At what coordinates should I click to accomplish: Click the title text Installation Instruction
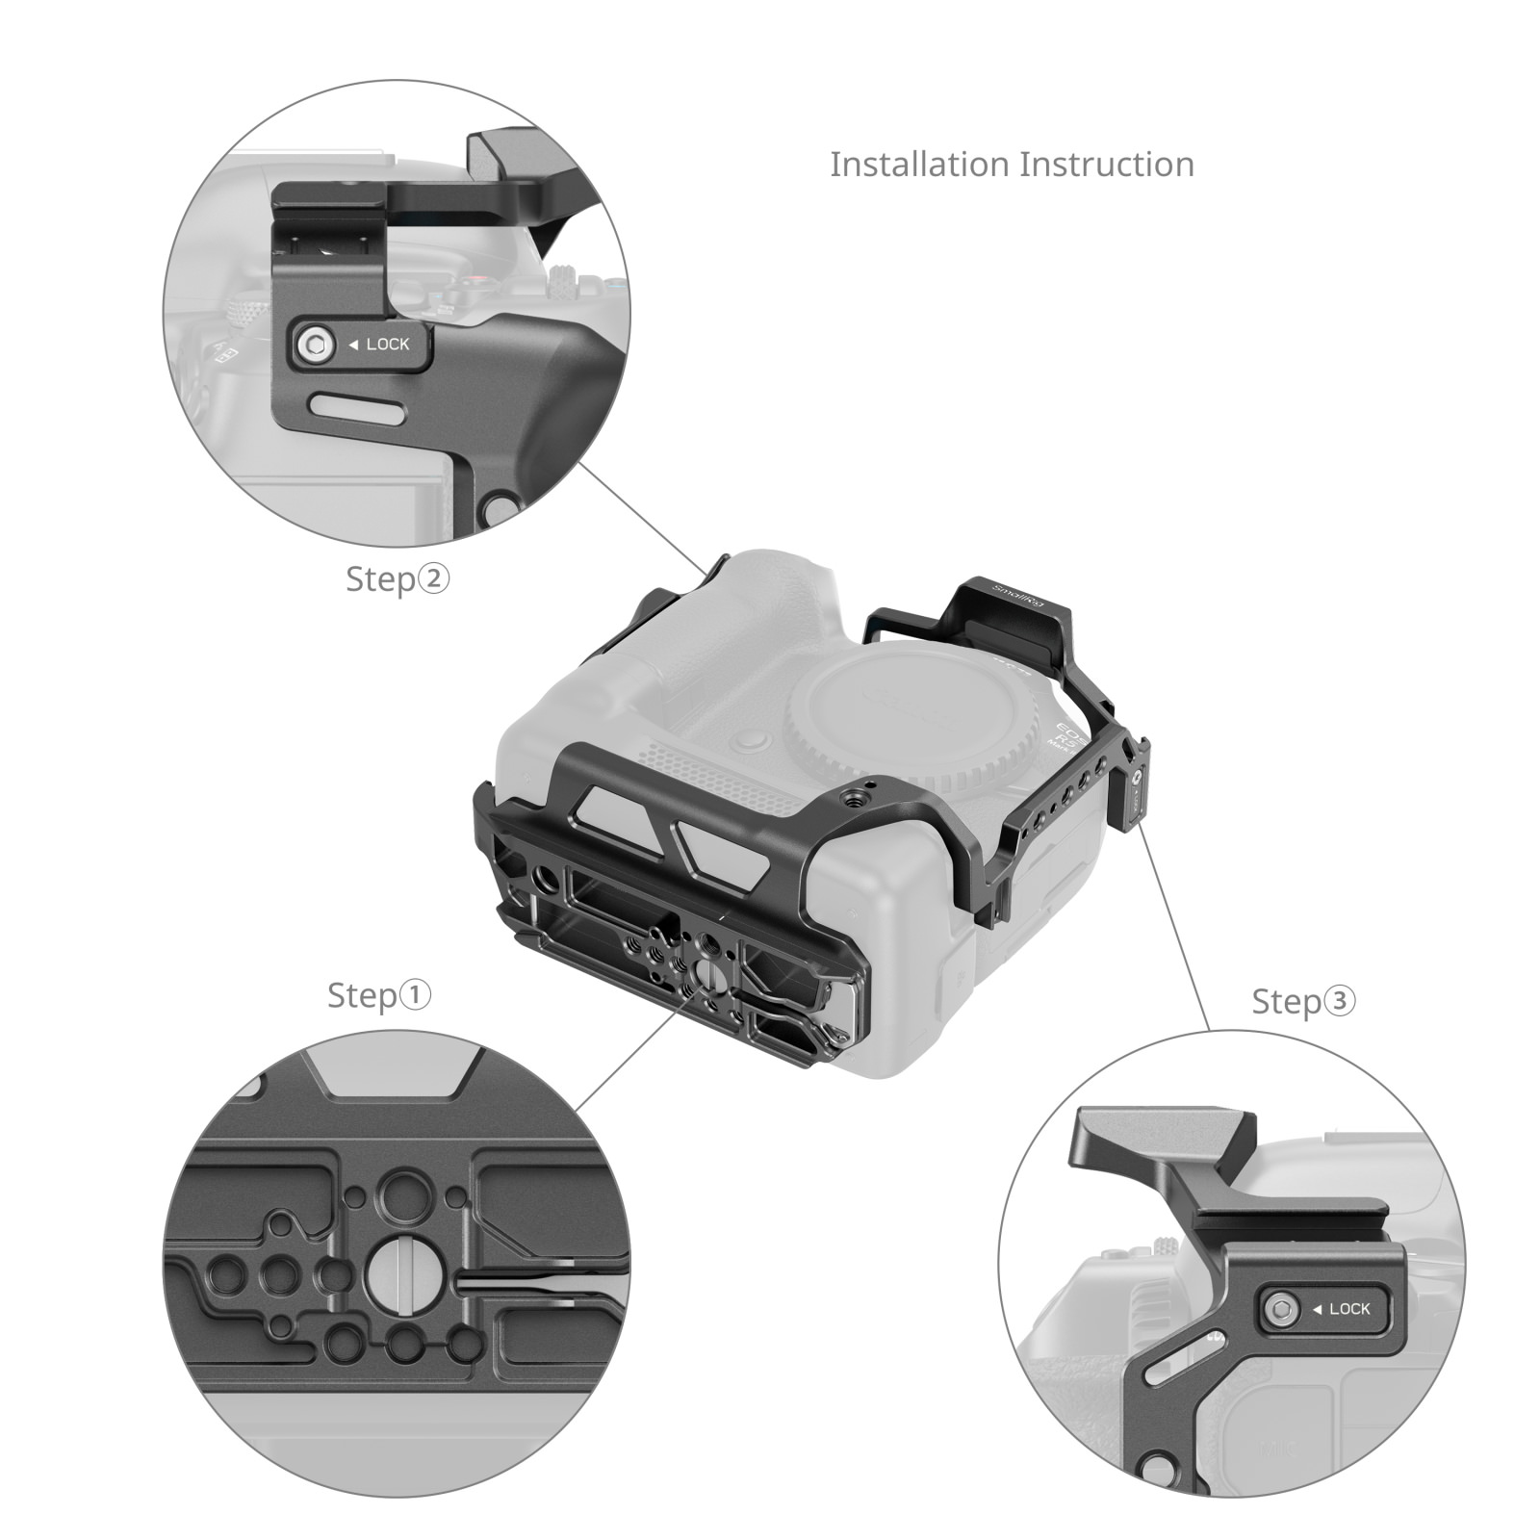1012,165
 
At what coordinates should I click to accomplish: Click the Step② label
398,578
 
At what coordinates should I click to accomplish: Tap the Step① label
379,995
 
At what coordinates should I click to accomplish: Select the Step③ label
1303,1001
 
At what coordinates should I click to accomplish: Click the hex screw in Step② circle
315,345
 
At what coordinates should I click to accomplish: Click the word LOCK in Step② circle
387,345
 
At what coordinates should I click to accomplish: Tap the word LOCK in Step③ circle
1349,1309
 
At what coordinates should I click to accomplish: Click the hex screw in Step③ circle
1281,1309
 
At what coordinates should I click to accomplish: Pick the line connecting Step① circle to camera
626,1059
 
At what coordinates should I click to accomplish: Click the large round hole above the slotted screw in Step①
405,1196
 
